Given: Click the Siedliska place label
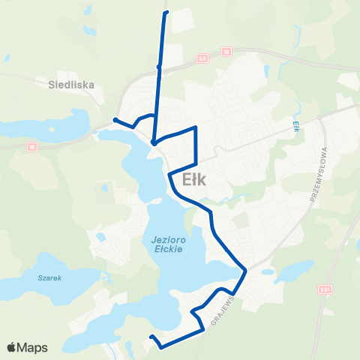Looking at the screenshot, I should tap(72, 85).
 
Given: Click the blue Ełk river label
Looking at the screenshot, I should tap(296, 124).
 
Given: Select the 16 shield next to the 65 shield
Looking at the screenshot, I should tap(226, 52).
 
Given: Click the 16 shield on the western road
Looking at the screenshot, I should tap(32, 147).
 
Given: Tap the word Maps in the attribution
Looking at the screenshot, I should tap(34, 347).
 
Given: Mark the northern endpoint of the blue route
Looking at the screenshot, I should tap(166, 12).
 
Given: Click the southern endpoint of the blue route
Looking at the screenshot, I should tap(151, 337).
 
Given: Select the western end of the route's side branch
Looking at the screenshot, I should tap(115, 119).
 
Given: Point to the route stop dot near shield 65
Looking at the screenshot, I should tap(158, 67).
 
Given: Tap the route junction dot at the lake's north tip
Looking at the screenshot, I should tap(153, 142).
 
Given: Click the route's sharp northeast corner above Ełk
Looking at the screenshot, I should tap(196, 128).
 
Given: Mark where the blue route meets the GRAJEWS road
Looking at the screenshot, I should tap(244, 271).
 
